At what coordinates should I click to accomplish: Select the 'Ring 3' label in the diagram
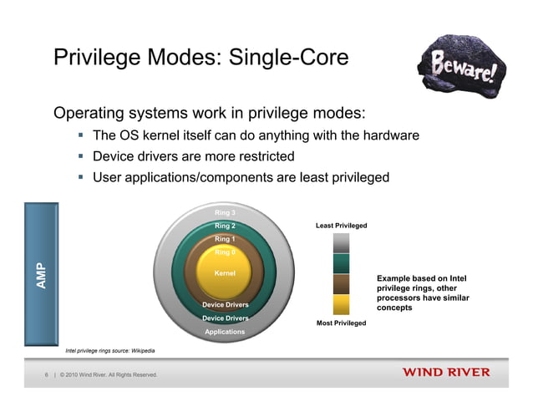pos(225,212)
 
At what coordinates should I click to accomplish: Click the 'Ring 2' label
pos(225,226)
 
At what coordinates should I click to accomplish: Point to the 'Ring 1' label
pos(225,239)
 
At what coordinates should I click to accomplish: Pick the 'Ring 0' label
pos(225,252)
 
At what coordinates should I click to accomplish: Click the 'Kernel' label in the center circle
pos(225,273)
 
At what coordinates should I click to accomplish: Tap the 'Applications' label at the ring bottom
pos(225,332)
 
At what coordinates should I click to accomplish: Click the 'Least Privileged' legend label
pos(341,226)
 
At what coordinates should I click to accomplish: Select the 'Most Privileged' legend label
pos(341,323)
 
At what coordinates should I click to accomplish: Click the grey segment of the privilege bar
pos(341,243)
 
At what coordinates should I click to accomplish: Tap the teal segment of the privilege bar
pos(341,263)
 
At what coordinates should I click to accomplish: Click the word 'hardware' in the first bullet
pos(386,135)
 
